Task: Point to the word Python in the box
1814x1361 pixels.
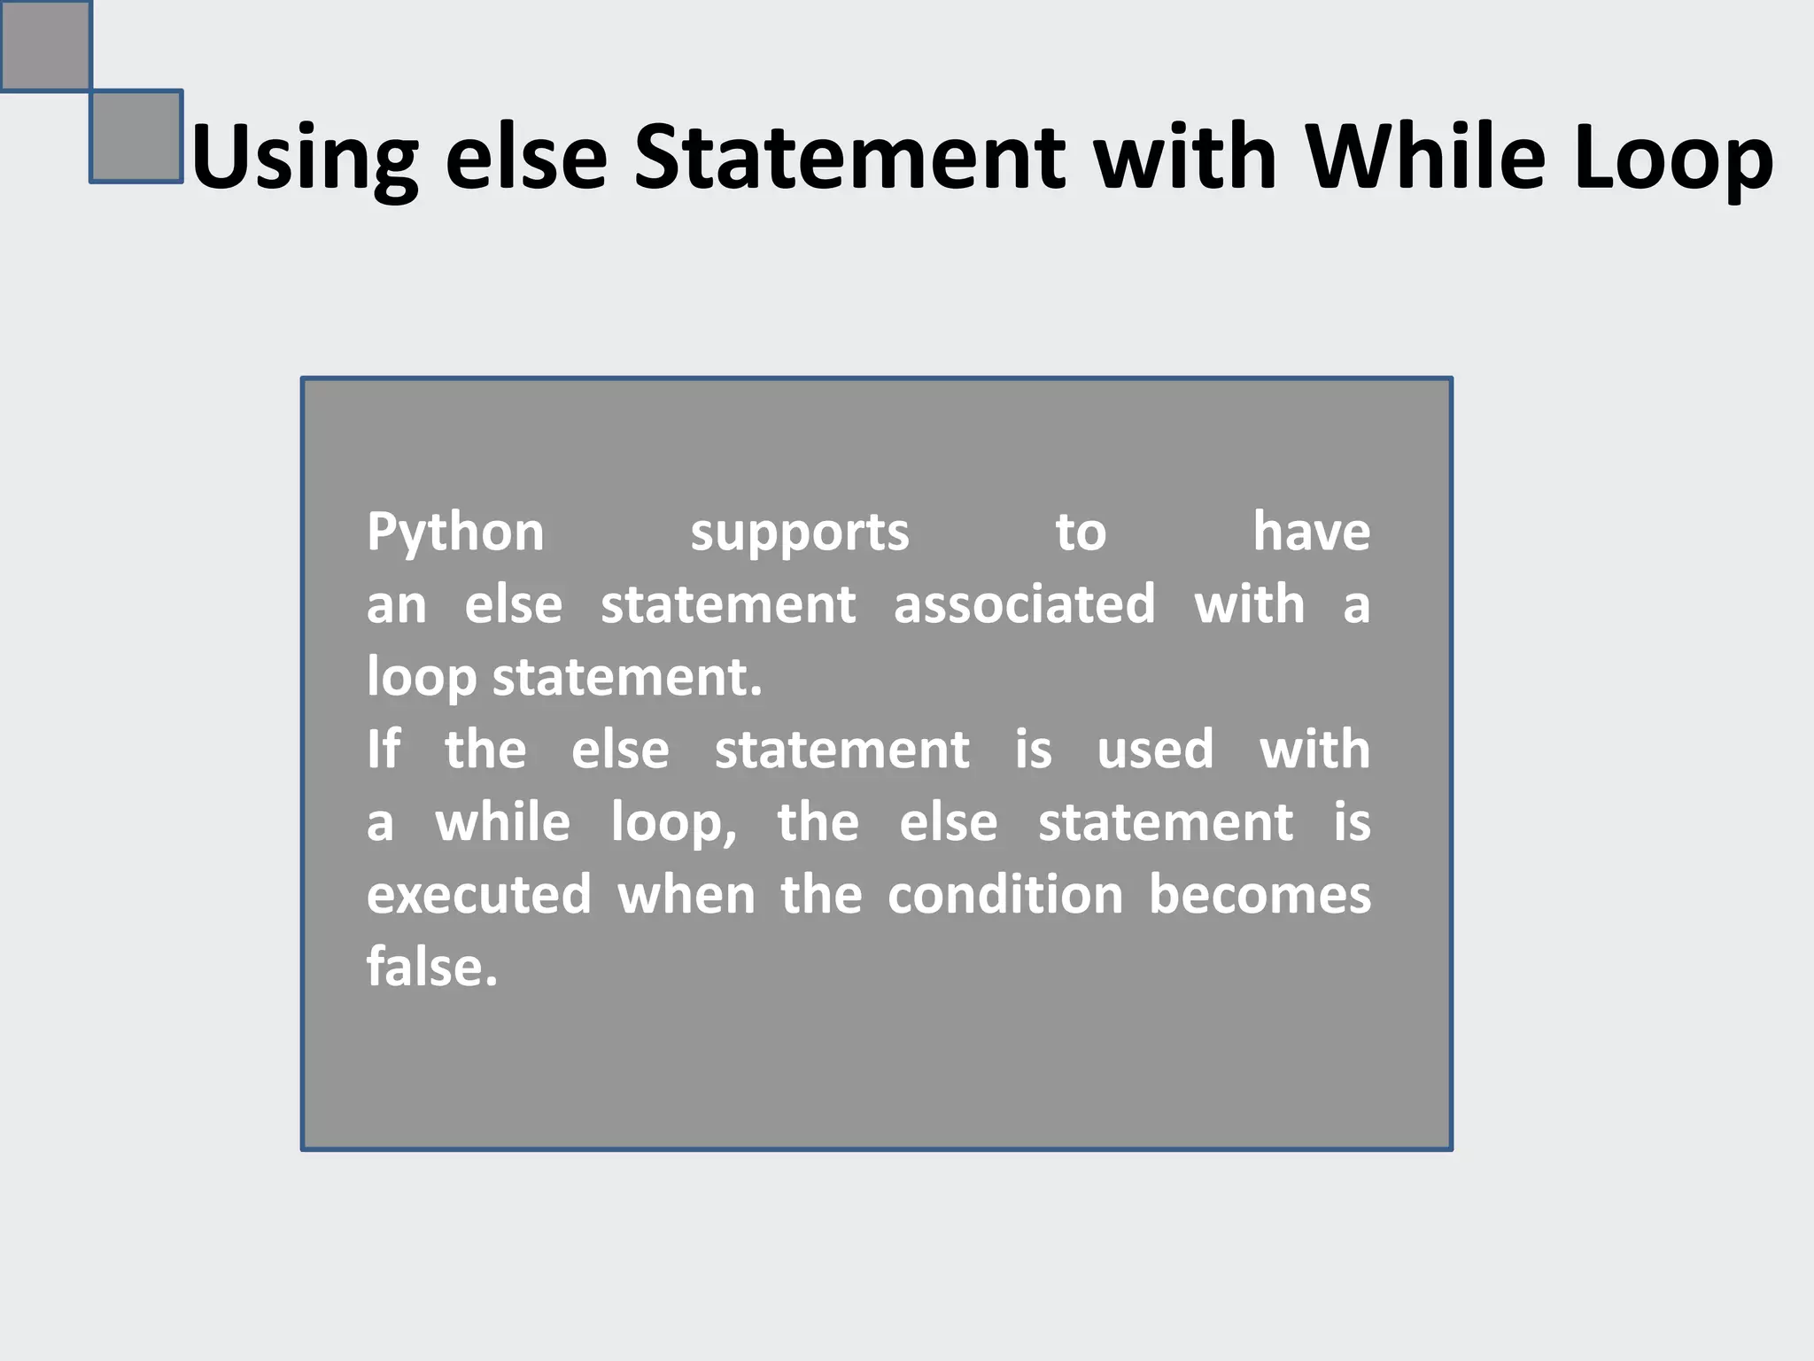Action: (x=455, y=533)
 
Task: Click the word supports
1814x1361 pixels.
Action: (x=799, y=533)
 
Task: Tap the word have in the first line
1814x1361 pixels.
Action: (x=1311, y=532)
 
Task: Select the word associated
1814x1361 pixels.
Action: (x=1024, y=604)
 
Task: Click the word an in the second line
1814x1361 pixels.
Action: (x=396, y=606)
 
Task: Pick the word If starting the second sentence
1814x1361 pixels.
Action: (x=383, y=750)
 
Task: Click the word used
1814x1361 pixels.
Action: (x=1155, y=750)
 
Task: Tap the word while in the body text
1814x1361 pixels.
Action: (x=502, y=822)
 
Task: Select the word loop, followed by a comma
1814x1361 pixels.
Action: (x=673, y=824)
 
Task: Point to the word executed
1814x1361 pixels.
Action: (x=478, y=895)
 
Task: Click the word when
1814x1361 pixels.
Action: (x=686, y=895)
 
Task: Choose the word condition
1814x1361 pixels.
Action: (x=1005, y=895)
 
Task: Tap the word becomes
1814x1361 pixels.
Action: (x=1260, y=895)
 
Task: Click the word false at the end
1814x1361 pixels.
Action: (x=431, y=967)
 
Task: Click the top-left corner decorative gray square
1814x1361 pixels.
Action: (x=45, y=44)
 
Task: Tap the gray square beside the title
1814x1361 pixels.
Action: (x=136, y=136)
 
